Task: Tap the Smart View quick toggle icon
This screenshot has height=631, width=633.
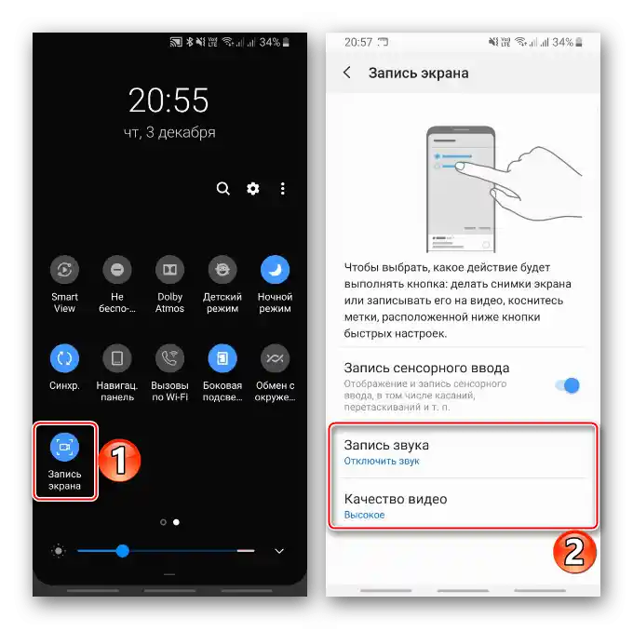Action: (x=64, y=269)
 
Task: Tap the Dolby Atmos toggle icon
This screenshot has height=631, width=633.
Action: (x=169, y=269)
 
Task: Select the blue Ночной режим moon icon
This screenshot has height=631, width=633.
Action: (x=275, y=269)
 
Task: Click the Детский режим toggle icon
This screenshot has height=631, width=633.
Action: (x=222, y=269)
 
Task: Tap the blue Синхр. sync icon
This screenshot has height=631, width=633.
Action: (x=64, y=358)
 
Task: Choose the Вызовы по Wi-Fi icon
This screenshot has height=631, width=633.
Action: (x=169, y=358)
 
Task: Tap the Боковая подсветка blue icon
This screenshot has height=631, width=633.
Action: (x=222, y=358)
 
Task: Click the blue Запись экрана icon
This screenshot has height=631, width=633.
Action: (x=64, y=447)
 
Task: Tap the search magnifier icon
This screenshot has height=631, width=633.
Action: (x=223, y=189)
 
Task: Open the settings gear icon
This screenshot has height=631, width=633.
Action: (x=253, y=189)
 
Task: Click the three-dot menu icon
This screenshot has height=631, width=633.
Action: (x=283, y=189)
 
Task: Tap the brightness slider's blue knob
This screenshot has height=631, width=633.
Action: (x=122, y=551)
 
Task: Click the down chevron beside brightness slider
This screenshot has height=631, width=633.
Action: (x=279, y=551)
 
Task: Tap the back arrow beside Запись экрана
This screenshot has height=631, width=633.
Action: (x=347, y=73)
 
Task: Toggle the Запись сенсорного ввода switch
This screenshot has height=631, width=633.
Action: (x=568, y=385)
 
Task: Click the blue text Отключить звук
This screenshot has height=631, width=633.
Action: (x=382, y=461)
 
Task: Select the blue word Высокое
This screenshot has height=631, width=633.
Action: (x=364, y=515)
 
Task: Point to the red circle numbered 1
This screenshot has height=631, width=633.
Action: (x=119, y=461)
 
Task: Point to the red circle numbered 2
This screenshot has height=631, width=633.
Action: (x=574, y=552)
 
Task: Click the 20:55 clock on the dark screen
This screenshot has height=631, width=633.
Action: (x=168, y=101)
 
